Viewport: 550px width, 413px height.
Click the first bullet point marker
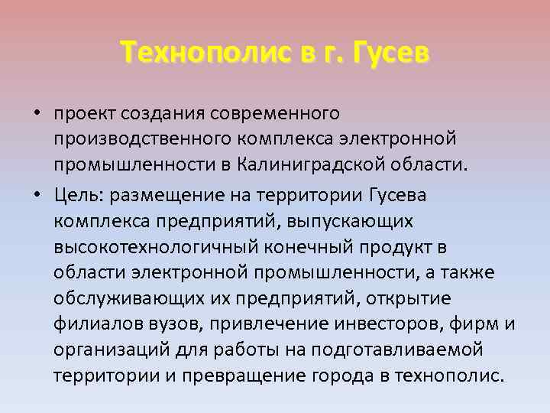point(36,115)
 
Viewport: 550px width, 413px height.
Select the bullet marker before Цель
point(36,195)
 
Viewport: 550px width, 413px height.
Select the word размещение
point(162,196)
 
